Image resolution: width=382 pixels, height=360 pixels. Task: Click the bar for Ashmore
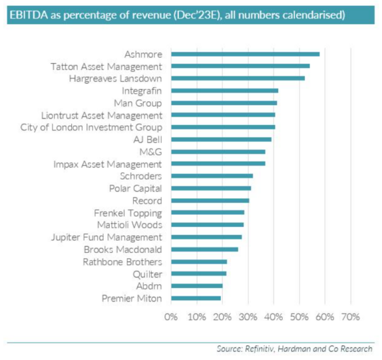(x=245, y=54)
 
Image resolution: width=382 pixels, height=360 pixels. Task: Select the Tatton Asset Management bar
(x=240, y=66)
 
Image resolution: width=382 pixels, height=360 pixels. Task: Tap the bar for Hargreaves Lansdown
(x=237, y=78)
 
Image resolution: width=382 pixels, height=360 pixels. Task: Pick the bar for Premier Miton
(x=195, y=298)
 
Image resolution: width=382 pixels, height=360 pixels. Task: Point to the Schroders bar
(x=211, y=175)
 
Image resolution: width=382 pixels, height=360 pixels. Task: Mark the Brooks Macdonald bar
(x=204, y=249)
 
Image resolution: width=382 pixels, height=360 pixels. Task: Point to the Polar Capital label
(x=136, y=188)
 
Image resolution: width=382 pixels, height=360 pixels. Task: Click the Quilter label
(x=147, y=273)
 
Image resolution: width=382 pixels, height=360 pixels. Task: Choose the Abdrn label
(x=148, y=285)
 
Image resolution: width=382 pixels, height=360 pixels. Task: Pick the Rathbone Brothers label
(x=122, y=261)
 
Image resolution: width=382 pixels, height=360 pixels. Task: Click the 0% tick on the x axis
(x=170, y=317)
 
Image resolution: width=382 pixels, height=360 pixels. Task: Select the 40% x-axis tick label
(x=274, y=317)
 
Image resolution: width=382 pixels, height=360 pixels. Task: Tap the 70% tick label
(x=351, y=317)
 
